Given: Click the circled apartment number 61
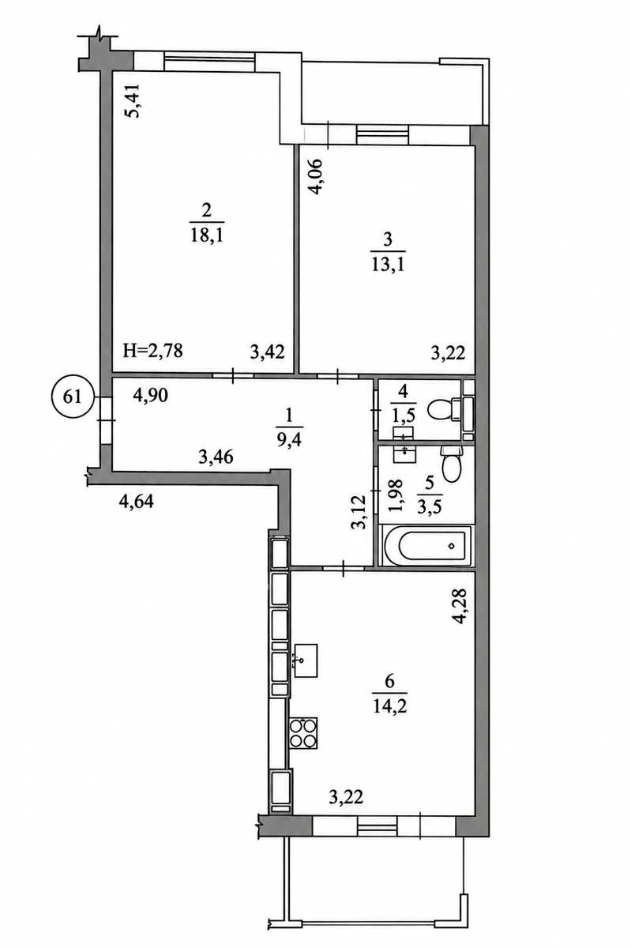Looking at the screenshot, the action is [x=73, y=397].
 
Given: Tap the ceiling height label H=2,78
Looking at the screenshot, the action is [x=152, y=351].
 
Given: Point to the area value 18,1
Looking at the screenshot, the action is [x=207, y=235].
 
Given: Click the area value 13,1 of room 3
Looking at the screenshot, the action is [x=388, y=265].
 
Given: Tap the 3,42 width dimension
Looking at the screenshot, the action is [x=267, y=352].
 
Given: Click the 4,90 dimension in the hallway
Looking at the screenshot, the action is [x=150, y=395].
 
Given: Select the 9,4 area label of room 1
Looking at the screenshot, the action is [x=290, y=441].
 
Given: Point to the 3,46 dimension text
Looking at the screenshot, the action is [x=216, y=457].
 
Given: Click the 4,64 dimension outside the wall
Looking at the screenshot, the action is [x=137, y=502].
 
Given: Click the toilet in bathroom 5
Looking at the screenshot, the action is [x=452, y=465].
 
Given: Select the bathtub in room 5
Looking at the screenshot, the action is [x=426, y=546].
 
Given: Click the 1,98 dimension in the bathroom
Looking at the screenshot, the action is [x=397, y=496].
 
